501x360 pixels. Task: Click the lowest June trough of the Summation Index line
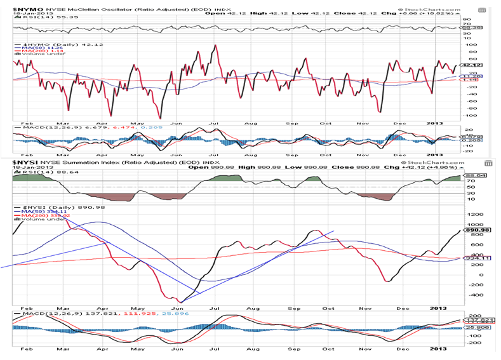click(x=181, y=302)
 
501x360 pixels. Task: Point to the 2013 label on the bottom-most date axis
click(x=434, y=349)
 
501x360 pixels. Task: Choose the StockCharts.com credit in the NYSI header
click(x=448, y=162)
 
